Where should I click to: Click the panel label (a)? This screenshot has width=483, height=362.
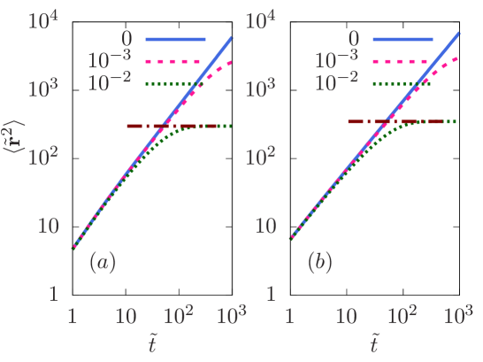click(103, 263)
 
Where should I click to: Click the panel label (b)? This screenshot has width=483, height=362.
click(319, 263)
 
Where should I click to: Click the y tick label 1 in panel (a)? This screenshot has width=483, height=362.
click(53, 294)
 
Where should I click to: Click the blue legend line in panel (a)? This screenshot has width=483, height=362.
click(175, 40)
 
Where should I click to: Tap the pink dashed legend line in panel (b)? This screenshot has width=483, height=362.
click(402, 62)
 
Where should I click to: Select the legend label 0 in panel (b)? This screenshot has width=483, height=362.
click(354, 39)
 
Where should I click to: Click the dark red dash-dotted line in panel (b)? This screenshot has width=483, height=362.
click(364, 121)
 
